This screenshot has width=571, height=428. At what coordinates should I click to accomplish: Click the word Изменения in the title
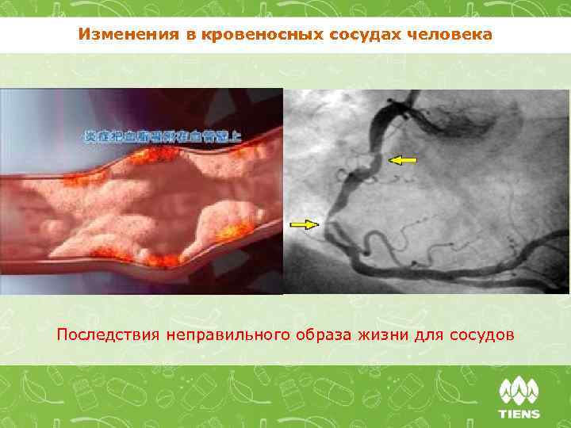coord(118,36)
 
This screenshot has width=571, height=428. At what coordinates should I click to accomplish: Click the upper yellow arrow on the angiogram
coord(403,160)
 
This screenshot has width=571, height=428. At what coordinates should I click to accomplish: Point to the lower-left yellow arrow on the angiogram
coord(304,225)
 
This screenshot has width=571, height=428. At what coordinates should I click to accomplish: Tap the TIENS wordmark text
coord(519,413)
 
